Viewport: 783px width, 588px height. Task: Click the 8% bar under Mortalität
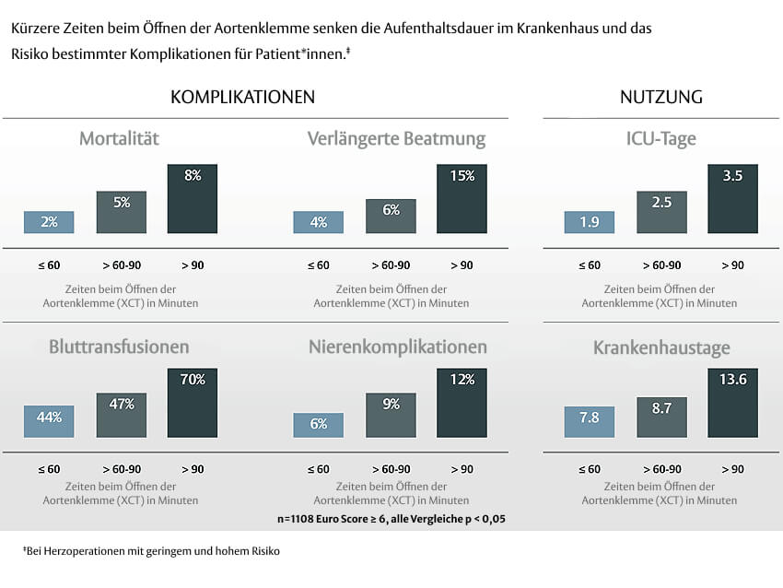(193, 199)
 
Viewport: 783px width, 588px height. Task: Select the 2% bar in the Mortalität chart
(49, 222)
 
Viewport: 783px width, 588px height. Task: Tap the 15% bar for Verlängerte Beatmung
(462, 199)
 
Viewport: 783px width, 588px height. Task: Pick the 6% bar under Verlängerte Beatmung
(391, 216)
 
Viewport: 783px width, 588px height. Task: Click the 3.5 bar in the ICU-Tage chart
(732, 199)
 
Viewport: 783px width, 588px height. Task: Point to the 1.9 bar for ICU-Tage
(589, 222)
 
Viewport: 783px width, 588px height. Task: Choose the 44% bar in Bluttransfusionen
(49, 421)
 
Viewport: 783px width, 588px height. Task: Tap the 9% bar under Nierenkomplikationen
(391, 416)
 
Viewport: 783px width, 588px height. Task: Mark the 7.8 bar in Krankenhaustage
(589, 421)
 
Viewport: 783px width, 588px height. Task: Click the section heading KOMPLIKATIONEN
(243, 97)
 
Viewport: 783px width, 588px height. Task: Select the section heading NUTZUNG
(661, 97)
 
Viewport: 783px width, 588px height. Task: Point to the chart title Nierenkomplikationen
(397, 347)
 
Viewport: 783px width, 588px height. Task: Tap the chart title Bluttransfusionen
(120, 347)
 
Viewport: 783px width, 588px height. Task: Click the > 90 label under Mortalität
(193, 265)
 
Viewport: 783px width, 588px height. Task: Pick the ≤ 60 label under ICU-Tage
(590, 265)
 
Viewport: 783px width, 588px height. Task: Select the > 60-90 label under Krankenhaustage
(660, 469)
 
